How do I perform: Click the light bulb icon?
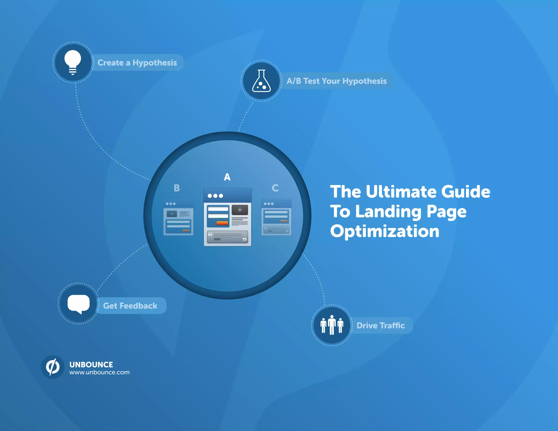[x=73, y=62]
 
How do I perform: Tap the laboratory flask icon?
[x=261, y=81]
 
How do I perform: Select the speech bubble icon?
[x=78, y=303]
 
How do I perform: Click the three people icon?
[x=332, y=325]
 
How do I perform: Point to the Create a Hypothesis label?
[x=137, y=63]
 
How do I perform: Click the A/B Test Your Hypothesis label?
[x=336, y=81]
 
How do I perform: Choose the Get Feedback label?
[x=130, y=306]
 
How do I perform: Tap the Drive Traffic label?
[x=381, y=325]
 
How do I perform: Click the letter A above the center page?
[x=227, y=177]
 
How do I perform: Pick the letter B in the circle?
[x=177, y=188]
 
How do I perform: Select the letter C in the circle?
[x=275, y=188]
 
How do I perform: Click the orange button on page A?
[x=222, y=223]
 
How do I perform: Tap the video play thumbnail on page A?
[x=240, y=210]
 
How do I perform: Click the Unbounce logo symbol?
[x=53, y=367]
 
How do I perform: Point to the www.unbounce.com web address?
[x=99, y=372]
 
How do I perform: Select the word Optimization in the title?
[x=384, y=231]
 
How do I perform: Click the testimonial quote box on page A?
[x=227, y=236]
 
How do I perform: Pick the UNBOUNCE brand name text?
[x=91, y=365]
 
